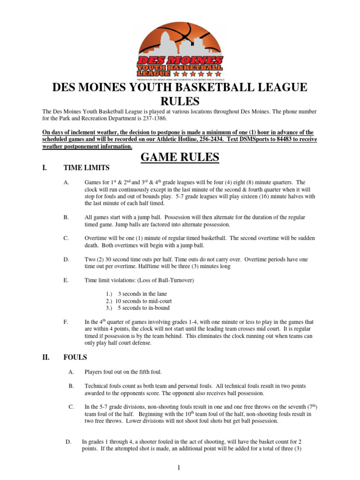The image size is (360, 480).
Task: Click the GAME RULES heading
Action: (x=180, y=158)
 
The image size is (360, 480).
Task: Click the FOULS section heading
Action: (x=75, y=357)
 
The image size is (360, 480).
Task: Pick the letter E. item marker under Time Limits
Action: (x=66, y=280)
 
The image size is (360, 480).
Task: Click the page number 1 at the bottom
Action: (x=180, y=469)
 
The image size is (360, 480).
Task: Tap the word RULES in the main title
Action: (x=180, y=101)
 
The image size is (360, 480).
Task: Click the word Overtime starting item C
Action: (x=97, y=238)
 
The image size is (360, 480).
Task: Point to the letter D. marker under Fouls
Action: (x=68, y=441)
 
